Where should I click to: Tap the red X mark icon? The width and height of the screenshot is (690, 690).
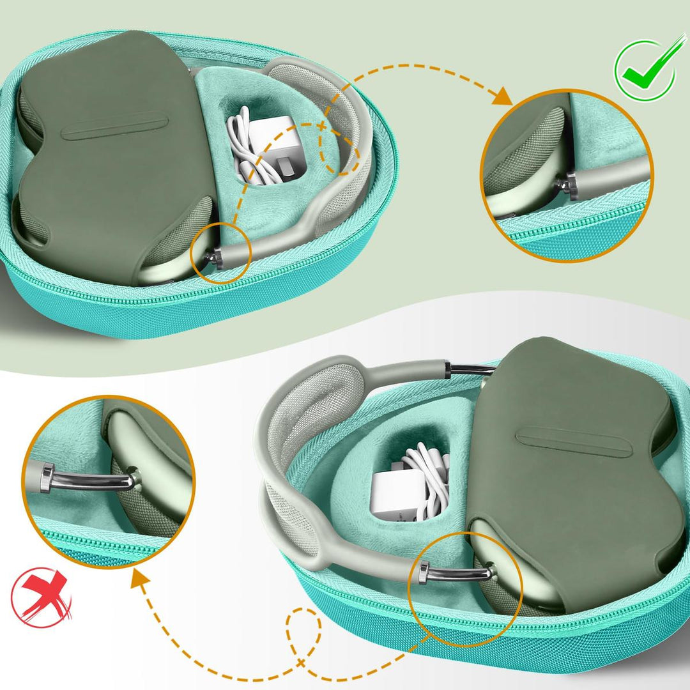click(41, 597)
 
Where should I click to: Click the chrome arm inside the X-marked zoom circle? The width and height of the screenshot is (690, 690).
click(89, 480)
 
